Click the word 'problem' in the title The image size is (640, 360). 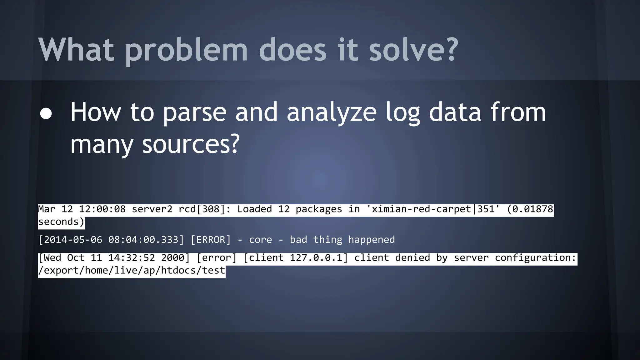(x=187, y=50)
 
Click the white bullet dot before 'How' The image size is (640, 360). (x=46, y=114)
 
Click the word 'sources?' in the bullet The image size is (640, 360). (x=191, y=144)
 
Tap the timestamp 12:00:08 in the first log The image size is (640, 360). (x=102, y=209)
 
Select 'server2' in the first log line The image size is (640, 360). (x=152, y=209)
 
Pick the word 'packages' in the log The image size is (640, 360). (x=319, y=209)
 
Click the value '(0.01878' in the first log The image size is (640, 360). (x=530, y=209)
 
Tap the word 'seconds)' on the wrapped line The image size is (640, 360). (x=61, y=222)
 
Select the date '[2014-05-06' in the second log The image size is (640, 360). (x=70, y=240)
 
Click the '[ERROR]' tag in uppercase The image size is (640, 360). (x=211, y=240)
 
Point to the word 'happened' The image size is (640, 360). (x=372, y=240)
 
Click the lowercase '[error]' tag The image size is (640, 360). (x=217, y=258)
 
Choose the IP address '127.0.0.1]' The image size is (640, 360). (x=319, y=258)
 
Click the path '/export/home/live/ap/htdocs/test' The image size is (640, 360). (x=132, y=270)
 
